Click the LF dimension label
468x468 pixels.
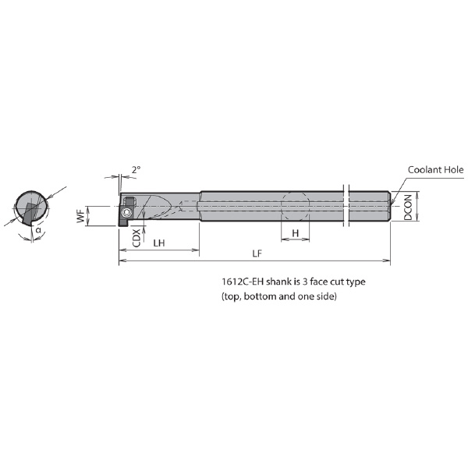click(x=257, y=253)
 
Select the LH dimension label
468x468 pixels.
click(x=159, y=243)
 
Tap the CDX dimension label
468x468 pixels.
click(x=136, y=238)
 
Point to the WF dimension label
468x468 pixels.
click(x=80, y=215)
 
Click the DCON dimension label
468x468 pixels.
click(x=408, y=207)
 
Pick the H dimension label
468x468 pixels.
click(x=295, y=233)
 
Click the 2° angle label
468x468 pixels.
click(x=136, y=170)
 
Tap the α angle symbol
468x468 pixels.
click(x=38, y=230)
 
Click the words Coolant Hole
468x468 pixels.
click(x=435, y=170)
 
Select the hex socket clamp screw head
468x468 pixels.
click(x=126, y=212)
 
